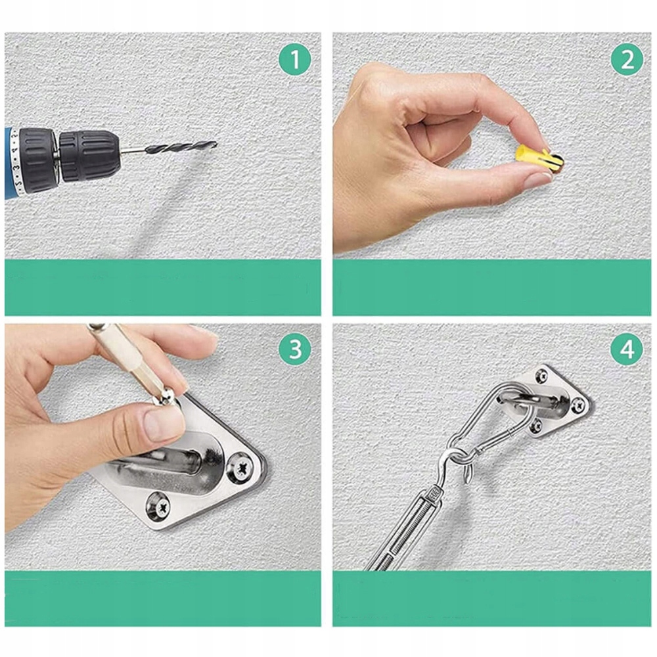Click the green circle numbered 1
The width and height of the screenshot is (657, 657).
[x=296, y=60]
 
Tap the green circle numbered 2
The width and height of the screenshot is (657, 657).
[x=627, y=60]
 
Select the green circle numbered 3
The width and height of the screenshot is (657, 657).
[x=296, y=349]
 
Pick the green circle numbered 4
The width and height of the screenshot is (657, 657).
[x=627, y=349]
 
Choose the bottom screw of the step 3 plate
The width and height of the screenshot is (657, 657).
[x=158, y=506]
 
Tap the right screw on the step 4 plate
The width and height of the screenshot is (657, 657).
[x=578, y=405]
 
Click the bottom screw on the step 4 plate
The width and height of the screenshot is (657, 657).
[x=536, y=426]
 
